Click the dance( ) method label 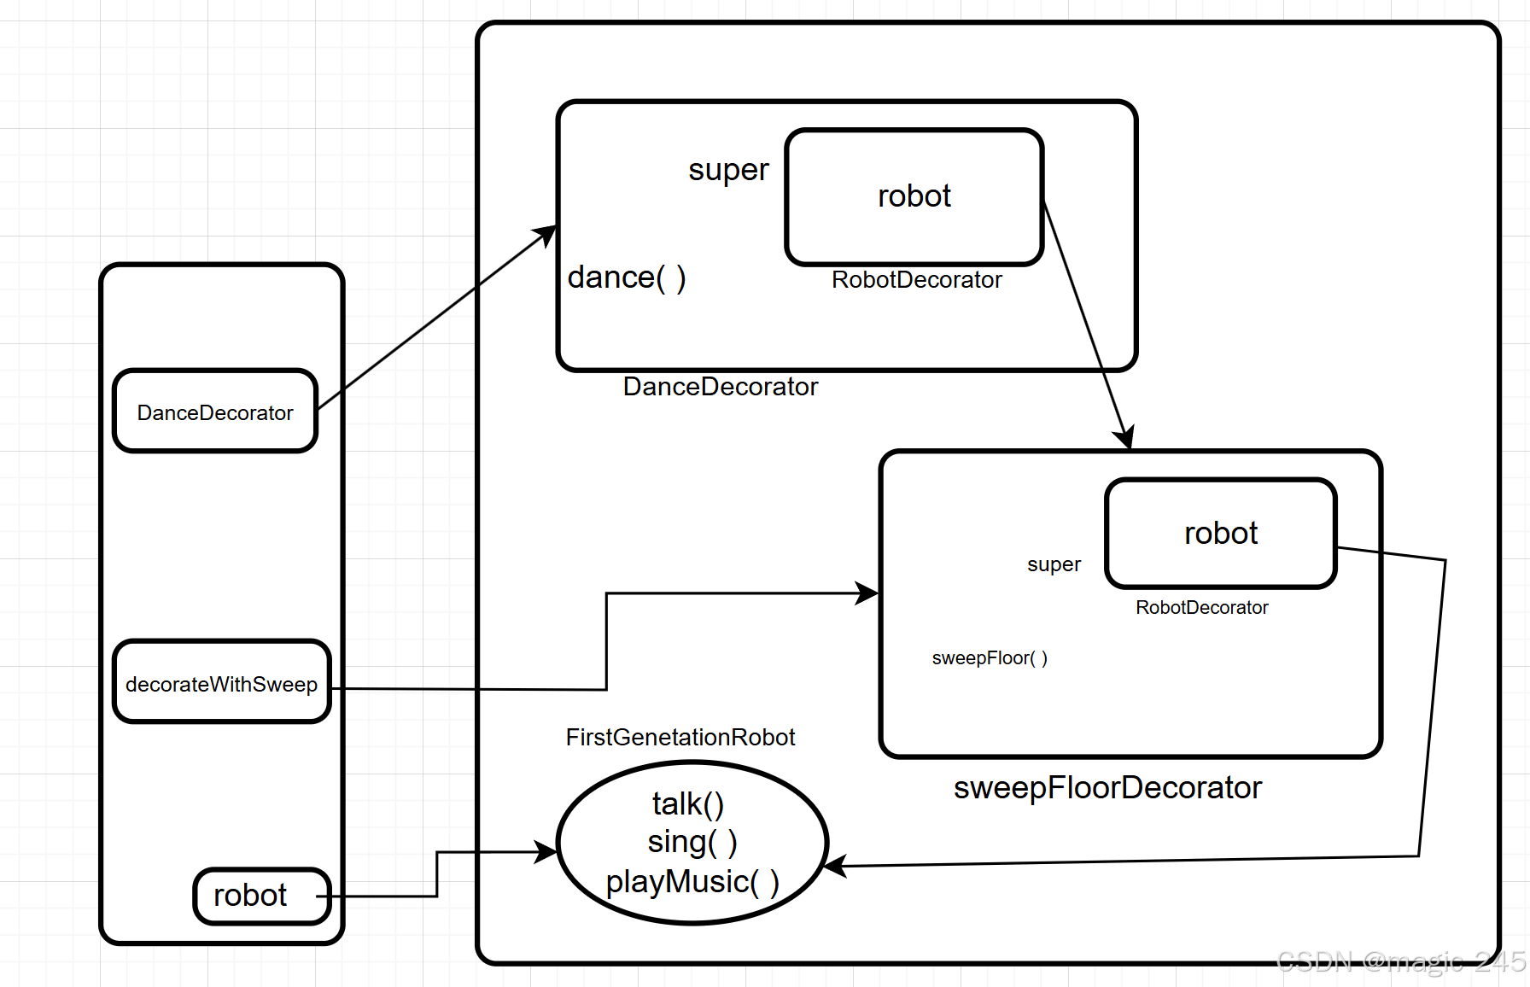[x=627, y=278]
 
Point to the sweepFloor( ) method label [x=990, y=658]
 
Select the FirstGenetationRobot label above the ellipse [x=680, y=737]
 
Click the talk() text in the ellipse [x=688, y=804]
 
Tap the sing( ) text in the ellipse [x=692, y=843]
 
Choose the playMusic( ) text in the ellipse [x=692, y=882]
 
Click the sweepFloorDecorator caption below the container [x=1107, y=788]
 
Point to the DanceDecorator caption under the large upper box [x=721, y=387]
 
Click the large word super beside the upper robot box [x=728, y=170]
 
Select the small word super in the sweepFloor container [x=1054, y=565]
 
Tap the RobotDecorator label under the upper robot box [x=917, y=280]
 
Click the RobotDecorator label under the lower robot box [x=1202, y=607]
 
